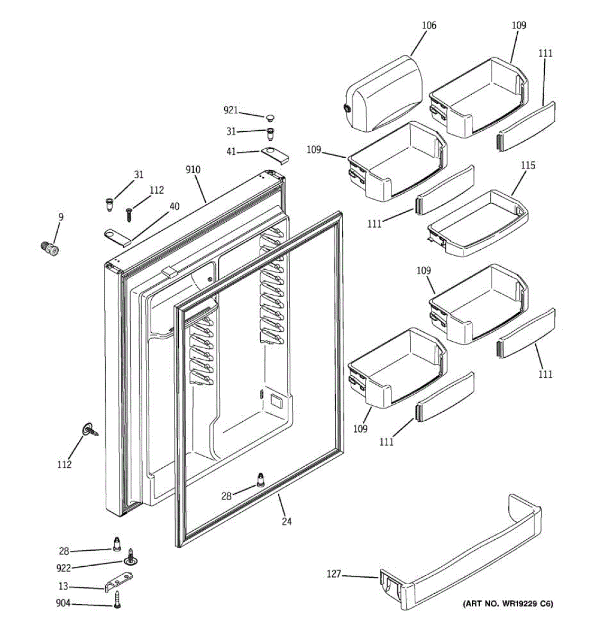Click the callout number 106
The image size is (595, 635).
tap(429, 25)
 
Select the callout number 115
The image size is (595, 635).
tap(527, 165)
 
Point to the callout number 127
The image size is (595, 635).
tap(334, 574)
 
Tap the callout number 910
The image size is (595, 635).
tap(193, 170)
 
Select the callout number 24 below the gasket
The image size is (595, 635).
tap(286, 521)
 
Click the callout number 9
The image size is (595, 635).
tap(61, 216)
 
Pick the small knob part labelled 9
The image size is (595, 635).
tap(50, 247)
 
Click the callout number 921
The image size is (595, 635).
tap(231, 111)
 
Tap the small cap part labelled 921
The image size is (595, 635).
tap(270, 116)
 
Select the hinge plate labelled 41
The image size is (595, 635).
tap(276, 154)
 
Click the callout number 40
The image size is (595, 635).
tap(175, 207)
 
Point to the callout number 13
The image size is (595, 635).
tap(63, 587)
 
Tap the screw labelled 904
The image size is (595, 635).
tap(118, 600)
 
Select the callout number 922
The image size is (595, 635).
tap(63, 568)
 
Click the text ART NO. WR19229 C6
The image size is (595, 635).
tap(508, 603)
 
